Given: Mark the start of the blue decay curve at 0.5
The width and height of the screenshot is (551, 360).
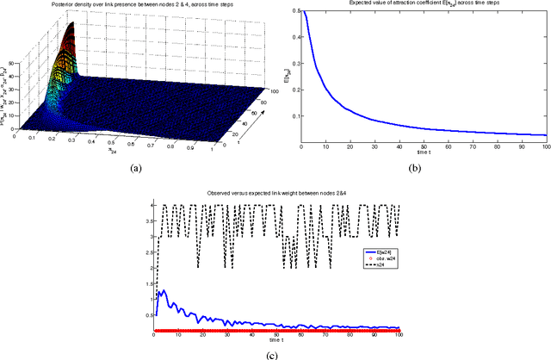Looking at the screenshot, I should [301, 12].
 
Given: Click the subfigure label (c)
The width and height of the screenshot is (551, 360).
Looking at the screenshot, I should [275, 352].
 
